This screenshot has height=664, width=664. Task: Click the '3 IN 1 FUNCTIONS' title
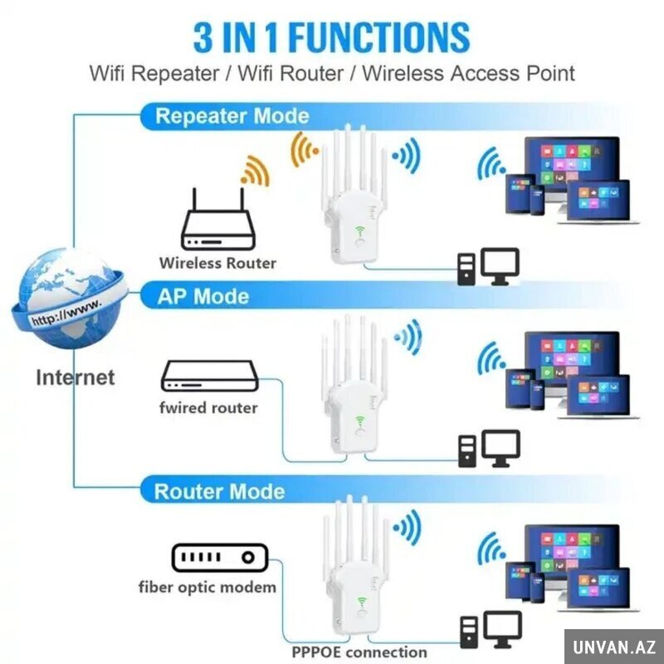331,37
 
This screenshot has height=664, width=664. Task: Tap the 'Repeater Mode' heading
232,116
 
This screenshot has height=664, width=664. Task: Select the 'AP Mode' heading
203,296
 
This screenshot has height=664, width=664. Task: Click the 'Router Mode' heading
219,491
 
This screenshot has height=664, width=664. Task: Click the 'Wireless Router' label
217,263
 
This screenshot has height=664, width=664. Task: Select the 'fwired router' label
208,408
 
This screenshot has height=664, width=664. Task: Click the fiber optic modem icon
220,557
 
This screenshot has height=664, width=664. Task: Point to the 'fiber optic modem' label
207,587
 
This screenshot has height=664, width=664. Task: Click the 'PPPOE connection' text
359,652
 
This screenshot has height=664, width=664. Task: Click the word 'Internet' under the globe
75,378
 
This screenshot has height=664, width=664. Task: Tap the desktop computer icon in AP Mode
489,447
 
